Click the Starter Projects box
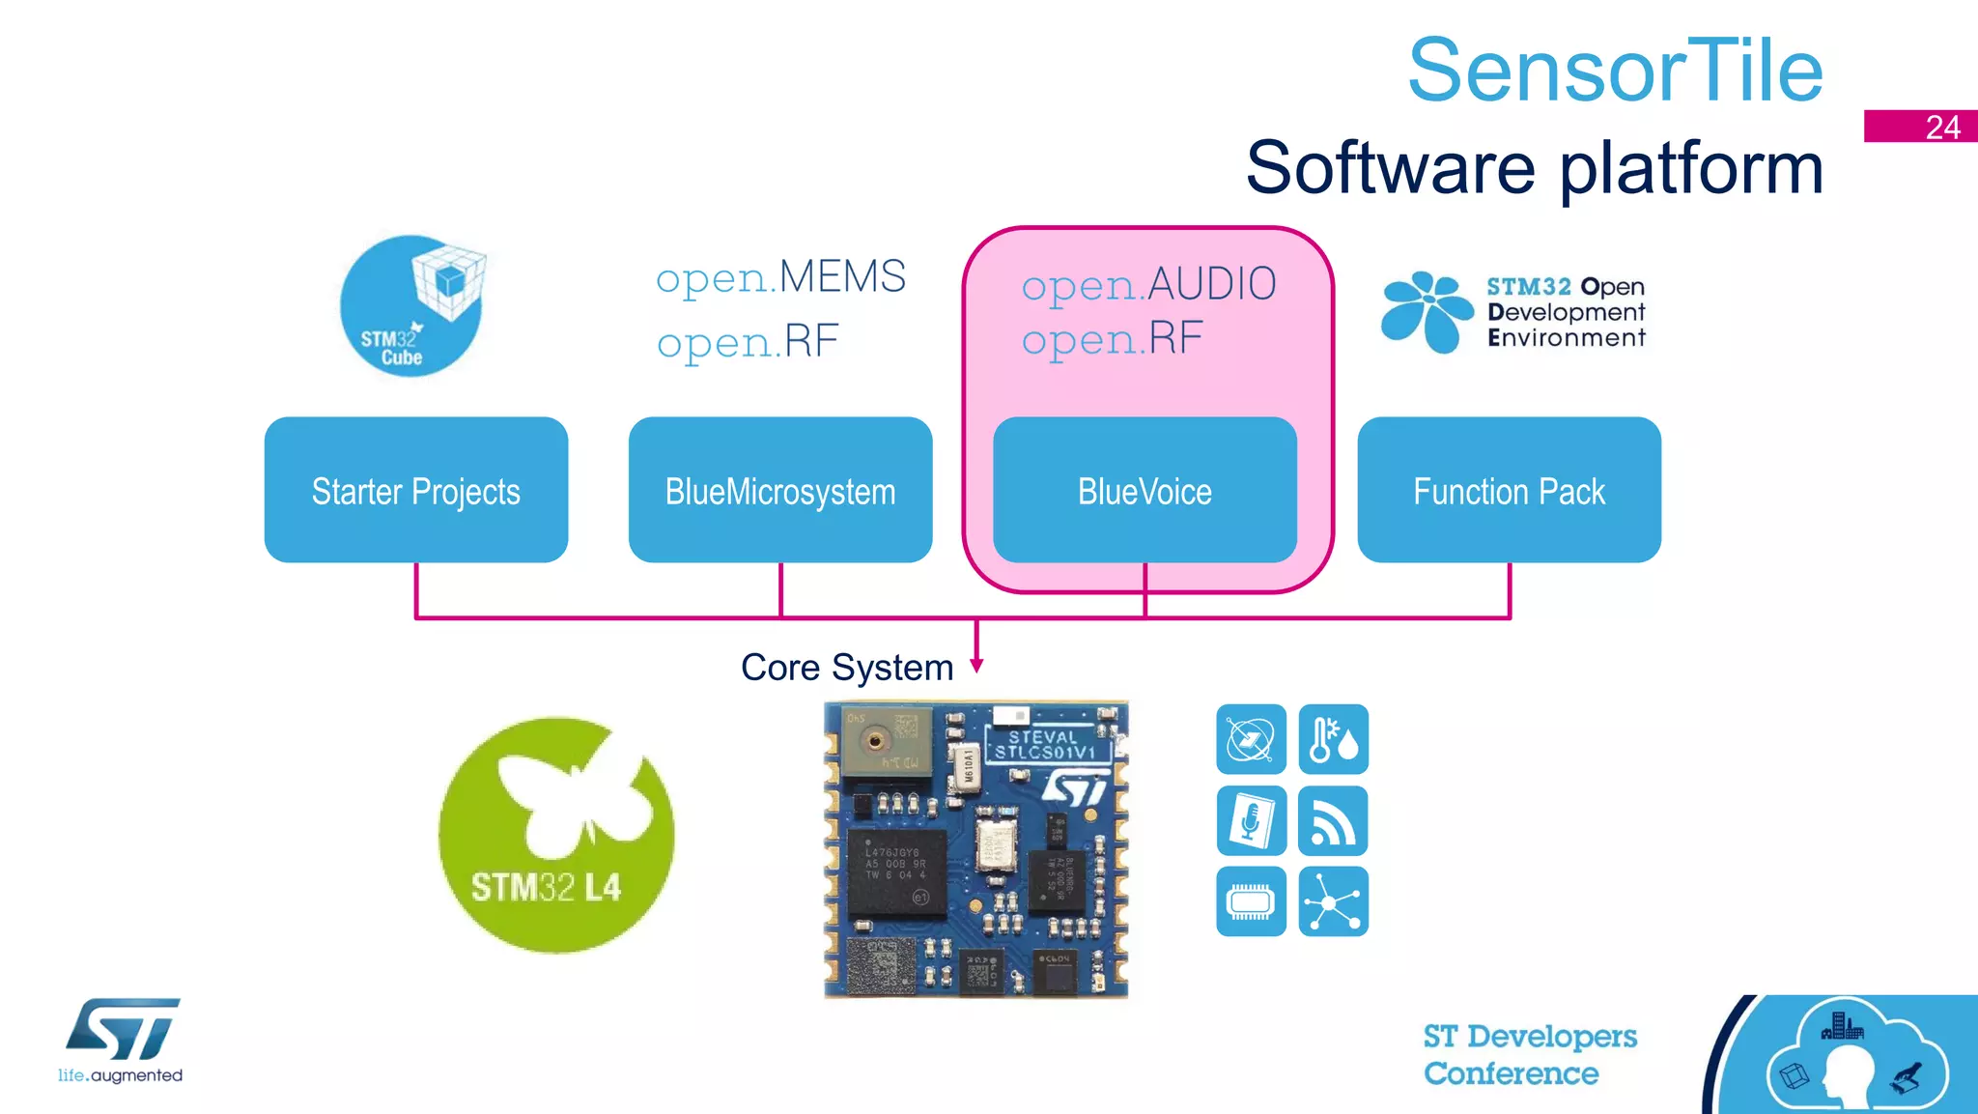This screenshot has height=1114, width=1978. click(x=415, y=490)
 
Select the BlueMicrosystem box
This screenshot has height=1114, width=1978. click(x=779, y=490)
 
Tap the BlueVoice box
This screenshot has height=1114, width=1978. click(x=1144, y=490)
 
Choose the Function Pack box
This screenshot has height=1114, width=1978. click(x=1509, y=490)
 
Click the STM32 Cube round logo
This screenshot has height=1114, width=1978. click(x=412, y=306)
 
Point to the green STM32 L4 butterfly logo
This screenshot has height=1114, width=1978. click(x=556, y=835)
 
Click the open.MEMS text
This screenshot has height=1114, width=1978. click(x=780, y=277)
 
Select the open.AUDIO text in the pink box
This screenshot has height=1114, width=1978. click(x=1148, y=284)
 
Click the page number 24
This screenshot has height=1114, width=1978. click(x=1941, y=127)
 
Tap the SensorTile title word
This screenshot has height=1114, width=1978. click(x=1615, y=70)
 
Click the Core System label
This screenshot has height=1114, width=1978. click(x=846, y=668)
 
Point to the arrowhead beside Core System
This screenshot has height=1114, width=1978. click(x=976, y=665)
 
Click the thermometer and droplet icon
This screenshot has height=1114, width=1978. click(x=1333, y=739)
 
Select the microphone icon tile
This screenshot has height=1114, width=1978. click(x=1251, y=820)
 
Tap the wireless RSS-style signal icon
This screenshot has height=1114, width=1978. click(x=1333, y=820)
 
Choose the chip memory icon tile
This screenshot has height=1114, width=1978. click(x=1251, y=901)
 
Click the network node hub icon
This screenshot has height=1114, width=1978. click(x=1333, y=901)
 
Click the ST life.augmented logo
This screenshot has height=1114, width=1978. click(x=122, y=1040)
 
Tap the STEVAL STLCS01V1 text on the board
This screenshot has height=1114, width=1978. click(x=1044, y=744)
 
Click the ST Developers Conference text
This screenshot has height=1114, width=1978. click(x=1529, y=1054)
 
